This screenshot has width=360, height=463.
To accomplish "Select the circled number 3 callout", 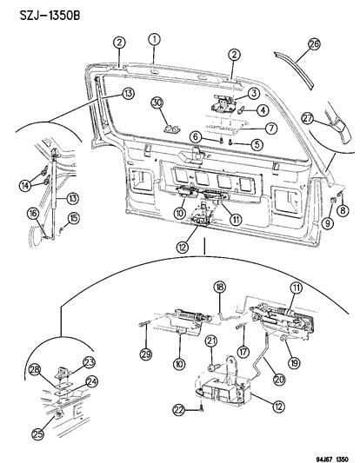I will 253,94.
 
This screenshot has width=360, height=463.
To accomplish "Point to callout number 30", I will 157,103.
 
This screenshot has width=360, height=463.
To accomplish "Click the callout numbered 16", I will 31,213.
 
